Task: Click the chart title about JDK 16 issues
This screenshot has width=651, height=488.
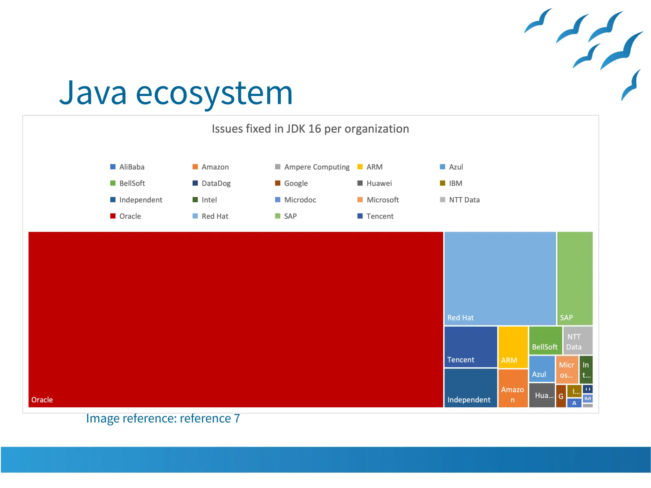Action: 310,129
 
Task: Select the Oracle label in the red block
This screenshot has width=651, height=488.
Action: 42,400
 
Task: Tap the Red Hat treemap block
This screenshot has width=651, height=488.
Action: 500,278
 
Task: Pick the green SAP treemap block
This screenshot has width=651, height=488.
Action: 575,278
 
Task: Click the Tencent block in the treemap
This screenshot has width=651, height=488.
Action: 470,347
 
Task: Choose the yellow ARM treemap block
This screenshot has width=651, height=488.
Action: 513,347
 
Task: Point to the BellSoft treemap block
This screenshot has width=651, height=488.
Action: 545,340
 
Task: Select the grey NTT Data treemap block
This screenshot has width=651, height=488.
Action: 578,340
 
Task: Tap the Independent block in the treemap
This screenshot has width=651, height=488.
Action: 470,388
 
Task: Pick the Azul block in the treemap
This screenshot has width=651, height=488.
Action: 542,369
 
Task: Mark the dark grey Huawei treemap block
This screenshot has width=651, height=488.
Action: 542,395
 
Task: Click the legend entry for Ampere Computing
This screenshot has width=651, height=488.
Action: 317,167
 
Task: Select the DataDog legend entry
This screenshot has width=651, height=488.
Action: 216,184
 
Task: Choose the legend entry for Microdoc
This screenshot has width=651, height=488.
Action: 300,200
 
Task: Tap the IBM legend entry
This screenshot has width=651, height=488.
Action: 455,184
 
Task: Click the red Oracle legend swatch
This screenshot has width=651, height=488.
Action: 113,216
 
